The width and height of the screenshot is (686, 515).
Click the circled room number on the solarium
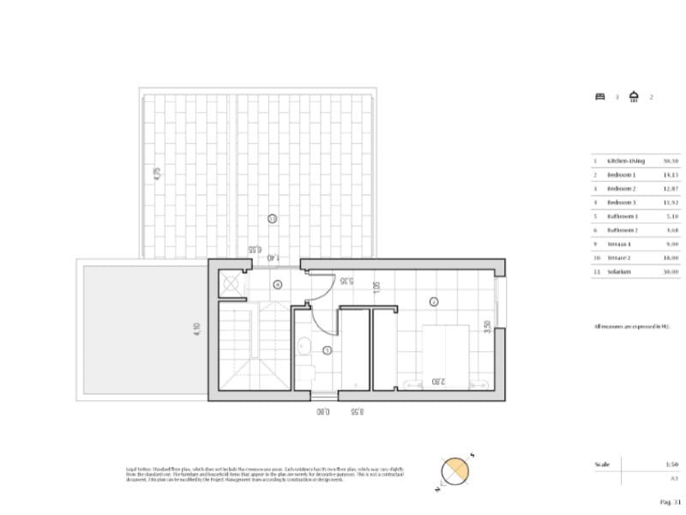click(272, 219)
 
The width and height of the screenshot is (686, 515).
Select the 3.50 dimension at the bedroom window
click(486, 328)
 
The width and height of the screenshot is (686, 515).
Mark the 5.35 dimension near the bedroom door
click(346, 280)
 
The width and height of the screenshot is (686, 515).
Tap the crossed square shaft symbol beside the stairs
click(230, 282)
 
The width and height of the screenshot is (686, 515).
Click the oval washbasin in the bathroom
click(304, 347)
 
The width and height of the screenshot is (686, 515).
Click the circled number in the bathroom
click(328, 350)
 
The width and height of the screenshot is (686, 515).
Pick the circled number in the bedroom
click(433, 301)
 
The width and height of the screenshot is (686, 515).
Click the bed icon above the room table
click(600, 97)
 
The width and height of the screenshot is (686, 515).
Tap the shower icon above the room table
click(634, 96)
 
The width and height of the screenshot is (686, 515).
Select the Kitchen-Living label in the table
click(625, 161)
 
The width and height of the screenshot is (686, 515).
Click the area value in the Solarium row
click(671, 271)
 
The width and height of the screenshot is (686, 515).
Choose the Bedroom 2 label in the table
click(622, 189)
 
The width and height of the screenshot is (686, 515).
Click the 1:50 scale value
click(671, 464)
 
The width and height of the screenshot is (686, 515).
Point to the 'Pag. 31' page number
click(670, 501)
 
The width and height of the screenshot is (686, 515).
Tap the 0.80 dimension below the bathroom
click(322, 412)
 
